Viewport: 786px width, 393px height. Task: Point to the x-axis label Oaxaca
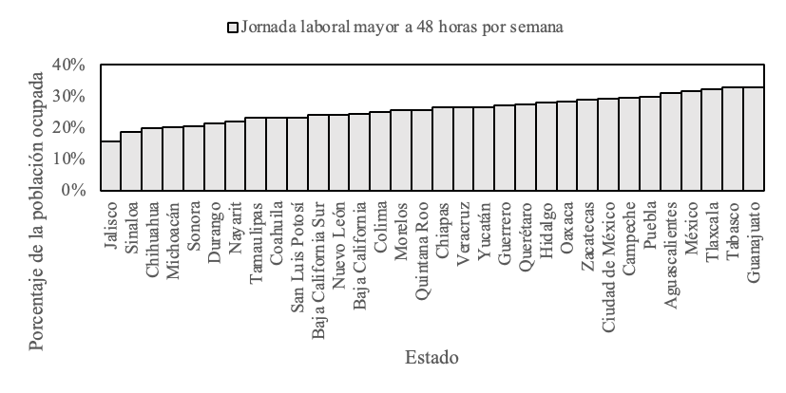(567, 222)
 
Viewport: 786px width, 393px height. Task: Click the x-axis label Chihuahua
(152, 233)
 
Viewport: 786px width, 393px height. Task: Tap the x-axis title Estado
(431, 358)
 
